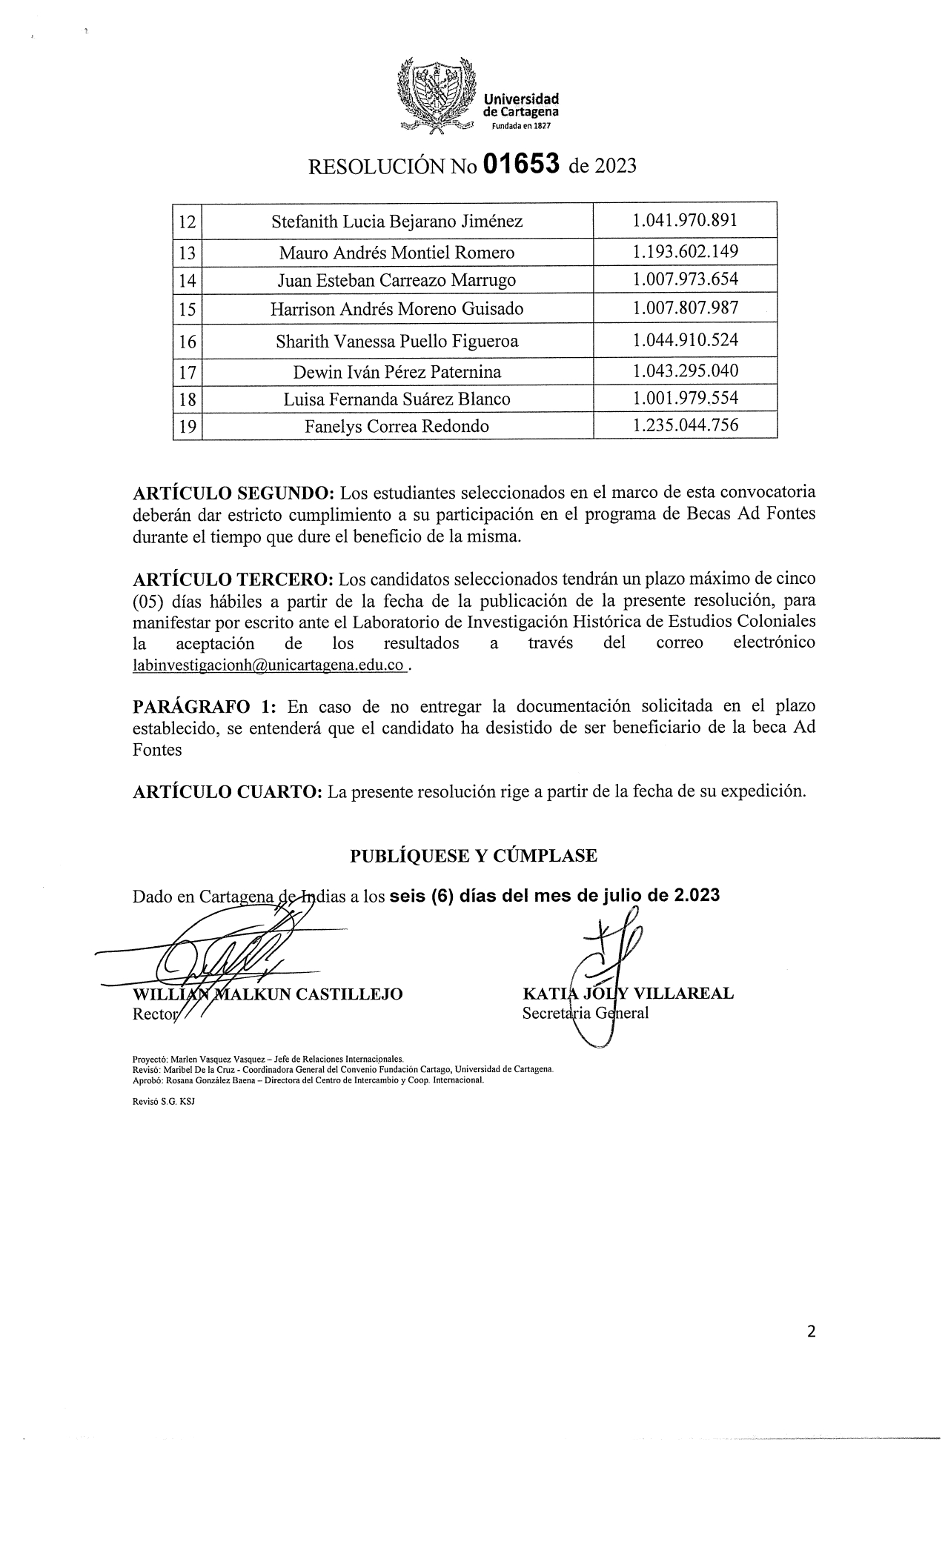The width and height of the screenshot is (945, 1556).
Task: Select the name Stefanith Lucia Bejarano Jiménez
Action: click(397, 221)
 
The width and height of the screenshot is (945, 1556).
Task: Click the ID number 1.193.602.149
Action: click(685, 252)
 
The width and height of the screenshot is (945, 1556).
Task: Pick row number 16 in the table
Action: click(188, 342)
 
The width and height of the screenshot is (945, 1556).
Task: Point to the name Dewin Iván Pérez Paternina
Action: click(397, 371)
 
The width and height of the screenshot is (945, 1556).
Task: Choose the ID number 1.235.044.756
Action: click(685, 425)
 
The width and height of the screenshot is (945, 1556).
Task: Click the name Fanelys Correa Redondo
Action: click(397, 426)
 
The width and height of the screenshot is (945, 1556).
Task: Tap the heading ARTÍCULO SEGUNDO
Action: click(233, 493)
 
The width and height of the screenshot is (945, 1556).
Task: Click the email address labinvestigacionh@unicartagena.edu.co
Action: click(268, 665)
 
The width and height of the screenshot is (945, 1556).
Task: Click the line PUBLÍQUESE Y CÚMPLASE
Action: click(473, 856)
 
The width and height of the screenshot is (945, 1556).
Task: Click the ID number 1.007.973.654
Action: click(685, 280)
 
